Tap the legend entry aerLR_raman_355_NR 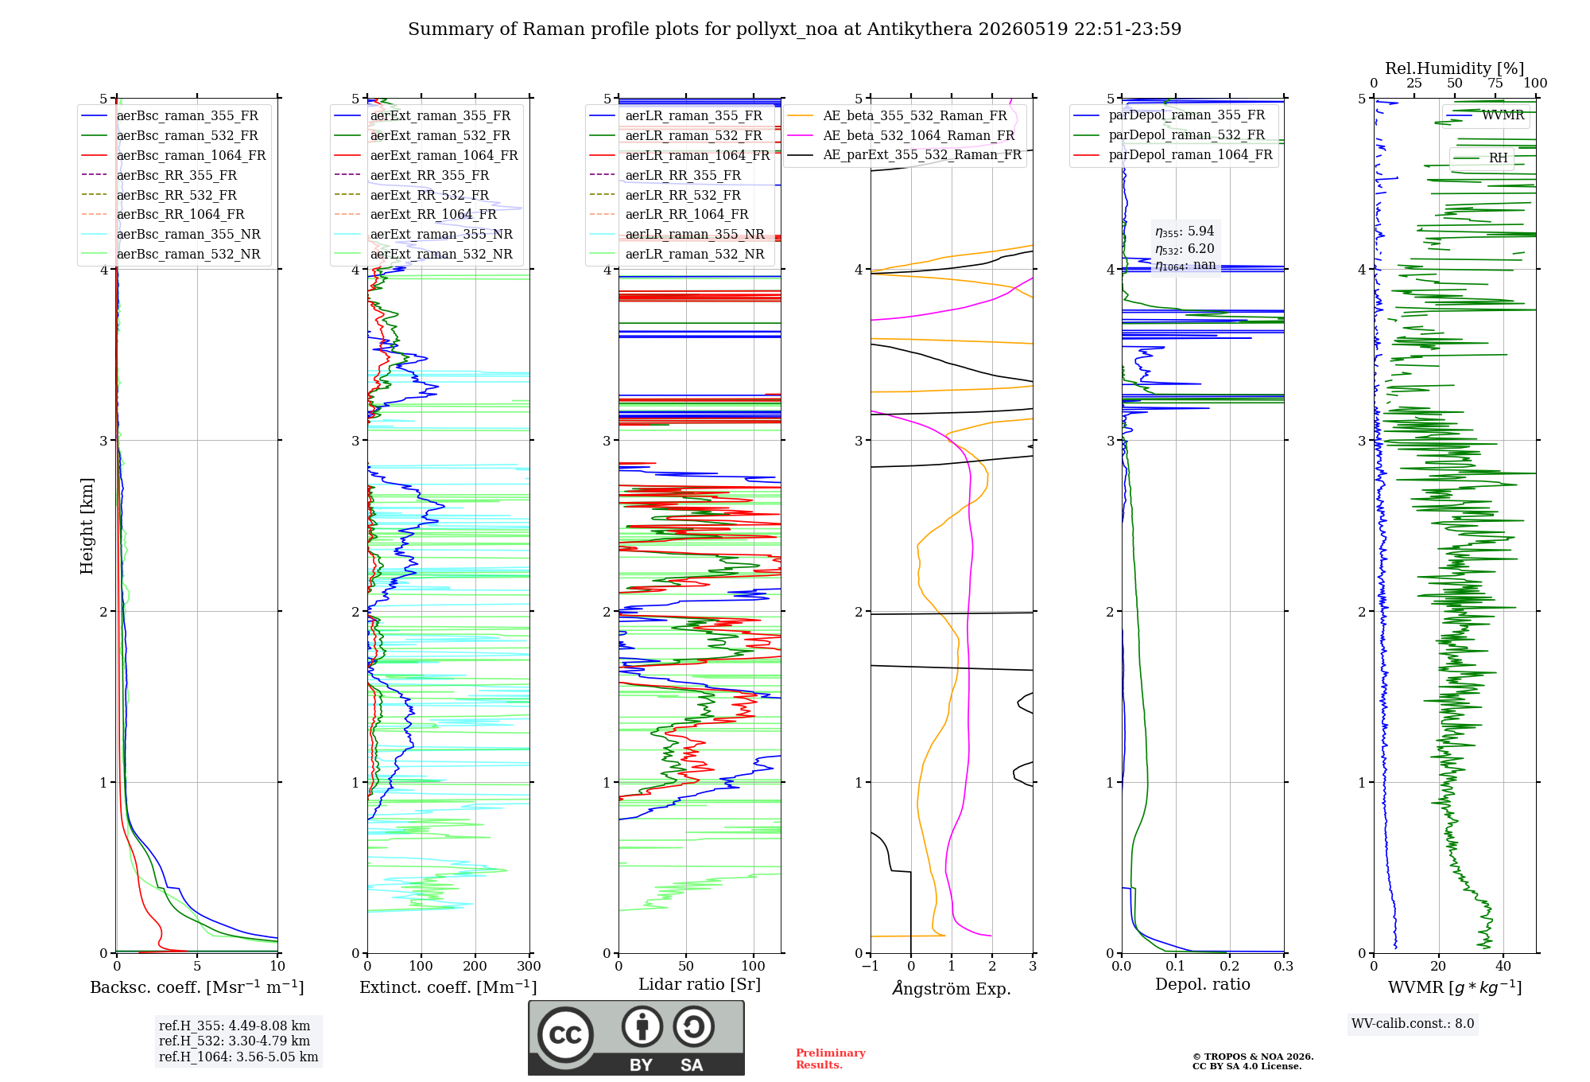pyautogui.click(x=677, y=234)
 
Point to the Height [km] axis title pyautogui.click(x=87, y=526)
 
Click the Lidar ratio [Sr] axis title pyautogui.click(x=700, y=984)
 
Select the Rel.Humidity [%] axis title pyautogui.click(x=1455, y=68)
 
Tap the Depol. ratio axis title pyautogui.click(x=1203, y=984)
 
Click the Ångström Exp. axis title pyautogui.click(x=952, y=988)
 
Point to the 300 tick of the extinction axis pyautogui.click(x=529, y=966)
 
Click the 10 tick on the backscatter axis pyautogui.click(x=277, y=966)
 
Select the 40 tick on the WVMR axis pyautogui.click(x=1503, y=966)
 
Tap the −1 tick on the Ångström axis pyautogui.click(x=871, y=966)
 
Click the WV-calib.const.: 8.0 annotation pyautogui.click(x=1413, y=1024)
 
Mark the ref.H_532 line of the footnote pyautogui.click(x=235, y=1041)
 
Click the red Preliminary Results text pyautogui.click(x=831, y=1059)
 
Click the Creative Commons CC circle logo pyautogui.click(x=565, y=1034)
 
